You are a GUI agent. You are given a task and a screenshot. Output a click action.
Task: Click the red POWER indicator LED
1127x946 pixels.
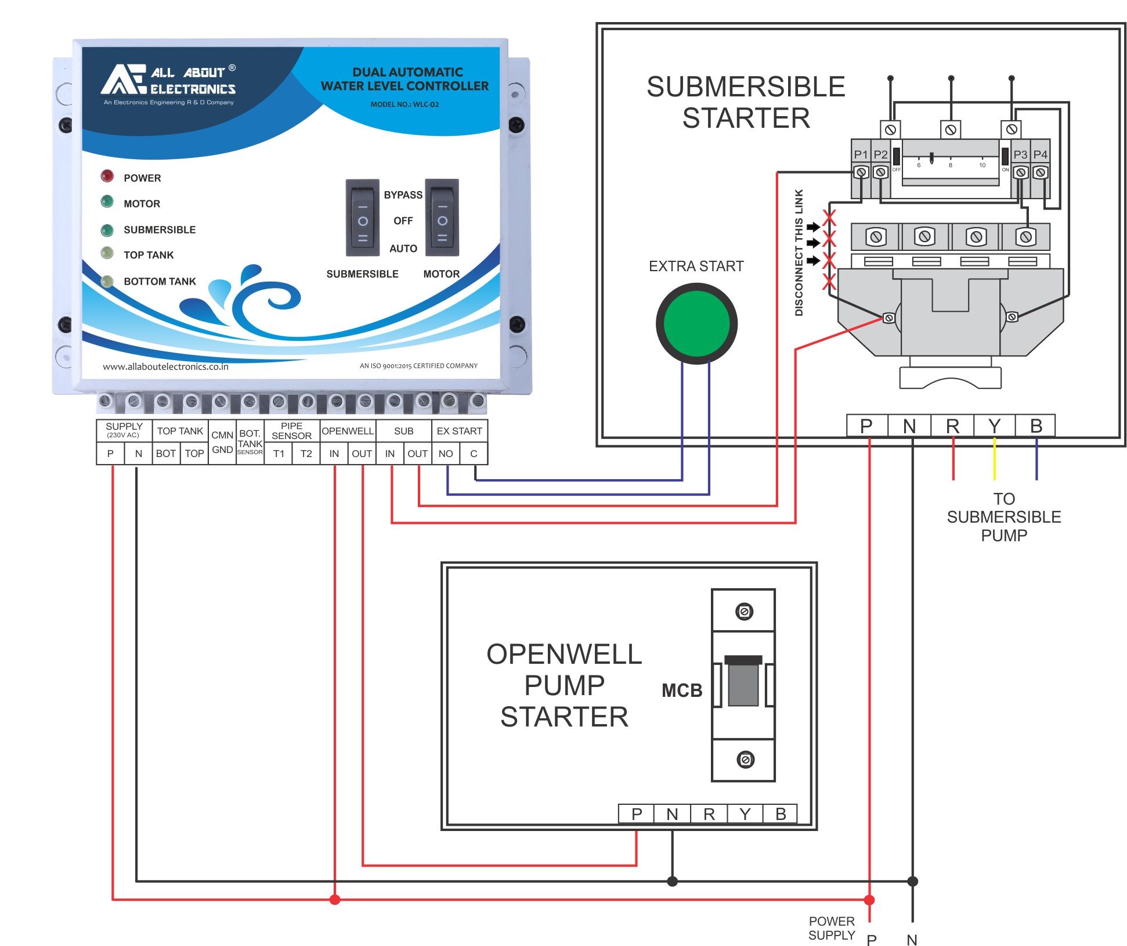point(107,175)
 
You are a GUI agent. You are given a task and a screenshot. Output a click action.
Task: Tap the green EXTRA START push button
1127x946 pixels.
point(696,323)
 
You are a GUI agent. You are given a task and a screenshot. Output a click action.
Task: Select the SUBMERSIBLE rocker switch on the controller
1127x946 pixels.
point(363,218)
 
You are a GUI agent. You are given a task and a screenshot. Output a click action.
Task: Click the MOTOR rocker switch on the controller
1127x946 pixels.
point(442,218)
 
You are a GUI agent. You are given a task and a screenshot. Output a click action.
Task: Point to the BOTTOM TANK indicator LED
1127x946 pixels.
point(107,282)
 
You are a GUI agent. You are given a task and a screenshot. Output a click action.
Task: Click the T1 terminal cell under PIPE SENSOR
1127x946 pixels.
point(279,454)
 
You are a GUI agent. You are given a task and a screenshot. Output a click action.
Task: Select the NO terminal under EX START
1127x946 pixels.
point(446,454)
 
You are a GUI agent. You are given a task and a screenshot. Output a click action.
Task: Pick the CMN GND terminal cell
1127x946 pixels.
point(222,443)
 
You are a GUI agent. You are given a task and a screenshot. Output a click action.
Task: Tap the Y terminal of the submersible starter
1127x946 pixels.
point(994,426)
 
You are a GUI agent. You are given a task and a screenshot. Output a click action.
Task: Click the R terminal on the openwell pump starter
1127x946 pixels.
point(709,814)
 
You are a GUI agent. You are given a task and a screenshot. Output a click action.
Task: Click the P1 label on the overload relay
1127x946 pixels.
point(861,154)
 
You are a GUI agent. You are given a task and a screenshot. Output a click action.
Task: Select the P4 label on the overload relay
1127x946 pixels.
point(1041,154)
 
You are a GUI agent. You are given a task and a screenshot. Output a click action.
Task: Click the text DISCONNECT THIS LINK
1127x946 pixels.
point(799,253)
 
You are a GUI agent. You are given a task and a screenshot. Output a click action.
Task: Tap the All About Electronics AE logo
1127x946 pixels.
point(123,80)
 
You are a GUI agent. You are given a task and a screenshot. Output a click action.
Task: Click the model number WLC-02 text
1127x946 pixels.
point(404,105)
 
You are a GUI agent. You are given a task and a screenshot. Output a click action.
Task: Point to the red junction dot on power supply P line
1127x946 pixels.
point(869,900)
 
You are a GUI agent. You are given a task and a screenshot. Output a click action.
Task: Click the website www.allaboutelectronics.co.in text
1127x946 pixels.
point(165,366)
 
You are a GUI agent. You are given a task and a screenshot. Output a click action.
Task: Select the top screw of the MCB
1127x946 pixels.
point(744,612)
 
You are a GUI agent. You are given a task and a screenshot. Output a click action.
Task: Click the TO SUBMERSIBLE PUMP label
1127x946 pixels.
point(1004,517)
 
